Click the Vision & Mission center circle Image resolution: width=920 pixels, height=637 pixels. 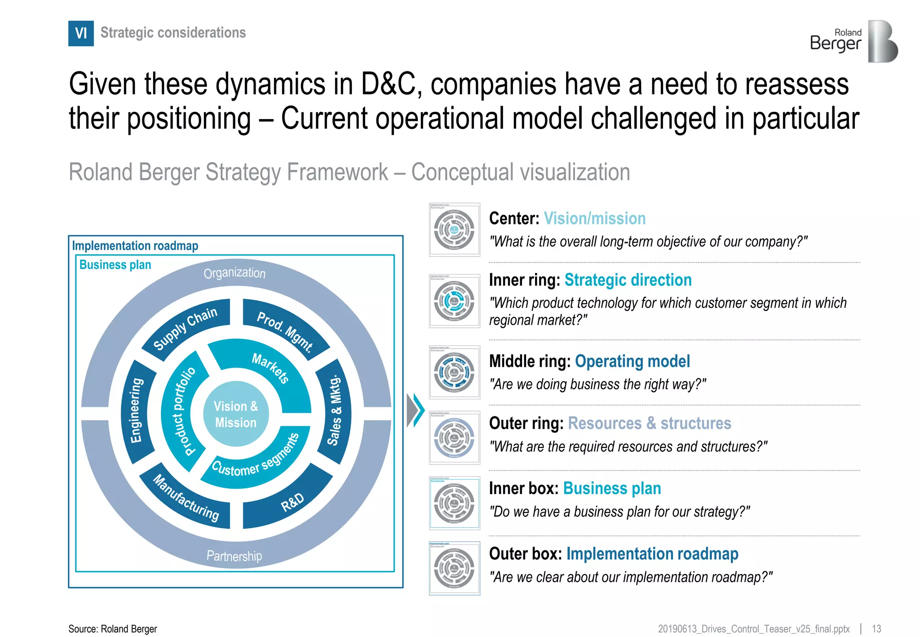pyautogui.click(x=236, y=414)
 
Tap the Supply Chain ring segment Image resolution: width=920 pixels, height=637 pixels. pyautogui.click(x=186, y=329)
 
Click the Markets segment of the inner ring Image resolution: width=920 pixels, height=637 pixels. pyautogui.click(x=270, y=367)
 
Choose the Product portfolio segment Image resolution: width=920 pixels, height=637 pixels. pyautogui.click(x=183, y=411)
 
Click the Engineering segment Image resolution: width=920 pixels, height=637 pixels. pyautogui.click(x=137, y=411)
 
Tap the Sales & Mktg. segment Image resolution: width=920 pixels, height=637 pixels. pyautogui.click(x=335, y=411)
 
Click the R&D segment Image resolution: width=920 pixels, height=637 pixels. pyautogui.click(x=292, y=502)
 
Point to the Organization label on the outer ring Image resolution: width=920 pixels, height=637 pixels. pyautogui.click(x=234, y=273)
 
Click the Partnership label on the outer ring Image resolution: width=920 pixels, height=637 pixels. pyautogui.click(x=234, y=556)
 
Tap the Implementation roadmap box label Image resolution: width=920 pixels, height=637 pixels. pyautogui.click(x=135, y=246)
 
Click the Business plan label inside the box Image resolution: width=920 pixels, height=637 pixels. pyautogui.click(x=115, y=265)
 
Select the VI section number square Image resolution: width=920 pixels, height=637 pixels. pyautogui.click(x=81, y=33)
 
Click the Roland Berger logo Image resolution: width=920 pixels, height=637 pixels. pyautogui.click(x=854, y=41)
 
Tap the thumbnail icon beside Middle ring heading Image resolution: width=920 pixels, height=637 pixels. pyautogui.click(x=454, y=372)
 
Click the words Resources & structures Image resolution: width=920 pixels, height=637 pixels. pyautogui.click(x=649, y=423)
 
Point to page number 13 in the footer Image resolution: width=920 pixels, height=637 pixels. pyautogui.click(x=876, y=628)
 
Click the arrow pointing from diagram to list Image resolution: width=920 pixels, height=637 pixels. pyautogui.click(x=415, y=410)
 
